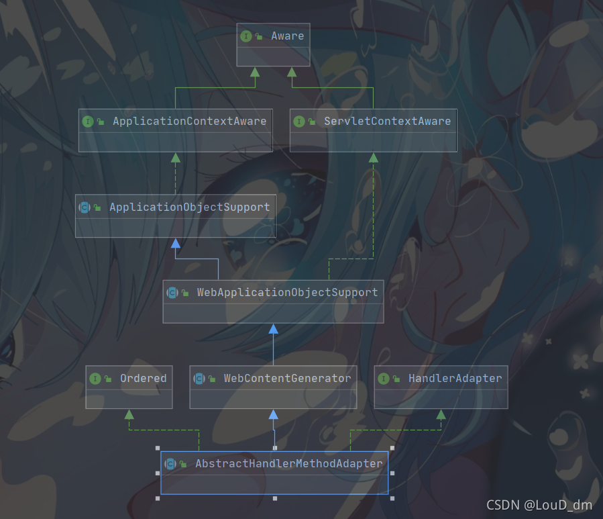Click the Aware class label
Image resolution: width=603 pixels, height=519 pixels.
[x=287, y=36]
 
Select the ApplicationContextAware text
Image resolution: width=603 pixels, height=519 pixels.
[x=189, y=122]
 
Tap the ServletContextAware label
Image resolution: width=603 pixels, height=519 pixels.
[x=387, y=122]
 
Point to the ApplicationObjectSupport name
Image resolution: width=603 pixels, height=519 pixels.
[x=189, y=207]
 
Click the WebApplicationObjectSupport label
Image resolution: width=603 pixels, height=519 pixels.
[x=287, y=293]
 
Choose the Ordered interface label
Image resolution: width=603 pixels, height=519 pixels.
[x=143, y=379]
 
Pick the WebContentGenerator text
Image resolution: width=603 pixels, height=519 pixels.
[x=287, y=379]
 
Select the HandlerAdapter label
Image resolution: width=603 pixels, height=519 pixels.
[x=455, y=379]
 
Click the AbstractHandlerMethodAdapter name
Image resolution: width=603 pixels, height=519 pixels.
[x=288, y=464]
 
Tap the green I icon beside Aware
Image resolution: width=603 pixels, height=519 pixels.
[x=246, y=36]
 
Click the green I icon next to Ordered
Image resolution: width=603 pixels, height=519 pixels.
[x=95, y=379]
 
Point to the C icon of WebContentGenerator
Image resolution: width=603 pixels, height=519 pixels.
[x=199, y=379]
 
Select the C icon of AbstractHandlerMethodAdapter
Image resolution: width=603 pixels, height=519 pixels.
[x=170, y=464]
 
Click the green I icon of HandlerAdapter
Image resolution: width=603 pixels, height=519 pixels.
[x=384, y=379]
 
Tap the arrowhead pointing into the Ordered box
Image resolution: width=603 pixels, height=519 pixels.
[x=129, y=414]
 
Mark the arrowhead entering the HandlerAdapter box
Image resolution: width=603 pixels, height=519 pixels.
[x=441, y=414]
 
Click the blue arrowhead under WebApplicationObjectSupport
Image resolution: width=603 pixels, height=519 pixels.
[x=273, y=328]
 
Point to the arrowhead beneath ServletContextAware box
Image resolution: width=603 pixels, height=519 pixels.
[x=374, y=157]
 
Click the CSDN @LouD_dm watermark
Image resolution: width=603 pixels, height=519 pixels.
[x=539, y=505]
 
